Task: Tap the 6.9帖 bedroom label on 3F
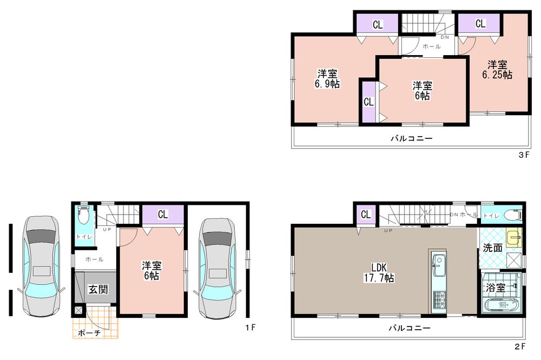pyautogui.click(x=328, y=79)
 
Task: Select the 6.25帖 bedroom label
pyautogui.click(x=497, y=70)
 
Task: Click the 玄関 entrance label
pyautogui.click(x=98, y=289)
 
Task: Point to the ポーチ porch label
pyautogui.click(x=89, y=333)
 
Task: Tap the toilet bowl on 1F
pyautogui.click(x=83, y=215)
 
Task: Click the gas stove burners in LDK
pyautogui.click(x=438, y=298)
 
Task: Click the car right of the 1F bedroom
pyautogui.click(x=216, y=268)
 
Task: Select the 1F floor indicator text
pyautogui.click(x=250, y=327)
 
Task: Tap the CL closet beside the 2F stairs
pyautogui.click(x=366, y=215)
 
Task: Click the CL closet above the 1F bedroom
pyautogui.click(x=163, y=215)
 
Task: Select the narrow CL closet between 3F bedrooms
pyautogui.click(x=368, y=101)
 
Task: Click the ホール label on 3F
pyautogui.click(x=431, y=46)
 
